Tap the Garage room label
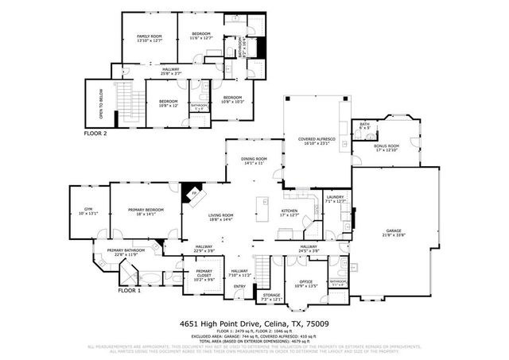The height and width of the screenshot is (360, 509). (x=394, y=232)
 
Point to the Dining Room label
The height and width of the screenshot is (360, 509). (x=254, y=161)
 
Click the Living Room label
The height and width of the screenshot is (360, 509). (x=220, y=217)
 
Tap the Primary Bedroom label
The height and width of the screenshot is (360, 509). (x=146, y=212)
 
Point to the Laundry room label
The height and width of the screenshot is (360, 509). (x=336, y=199)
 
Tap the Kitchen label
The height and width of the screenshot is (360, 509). (x=289, y=212)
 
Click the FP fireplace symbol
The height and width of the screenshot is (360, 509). (x=193, y=193)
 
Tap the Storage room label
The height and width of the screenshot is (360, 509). (x=272, y=297)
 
